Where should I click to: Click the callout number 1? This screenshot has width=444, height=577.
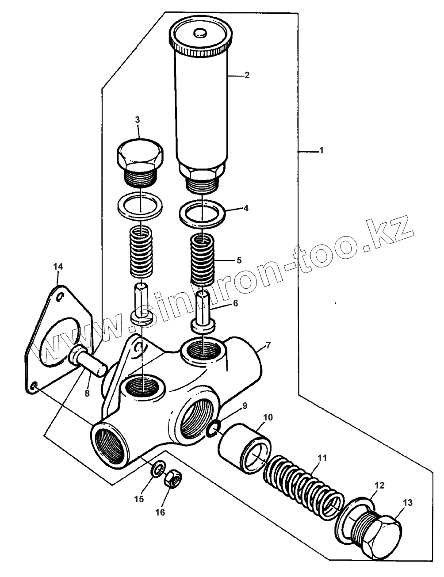coord(322,151)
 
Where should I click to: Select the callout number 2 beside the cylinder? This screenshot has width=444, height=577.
coord(247,75)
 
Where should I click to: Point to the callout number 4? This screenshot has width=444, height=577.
coord(246,207)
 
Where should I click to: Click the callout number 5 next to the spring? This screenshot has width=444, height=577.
coord(239,260)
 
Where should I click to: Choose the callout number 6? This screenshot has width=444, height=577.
coord(235,303)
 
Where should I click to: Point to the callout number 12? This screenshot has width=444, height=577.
coord(380,485)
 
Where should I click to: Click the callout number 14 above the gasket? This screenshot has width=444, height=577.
coord(58,266)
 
